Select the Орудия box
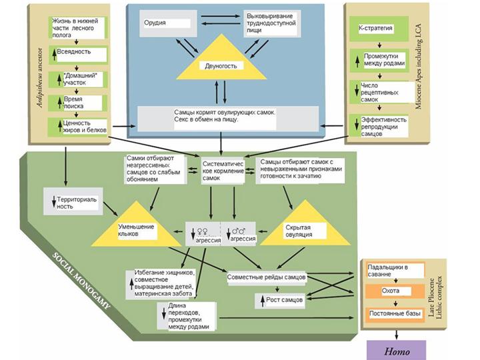coord(165,25)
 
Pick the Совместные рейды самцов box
coord(266,276)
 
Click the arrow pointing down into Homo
coord(397,331)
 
